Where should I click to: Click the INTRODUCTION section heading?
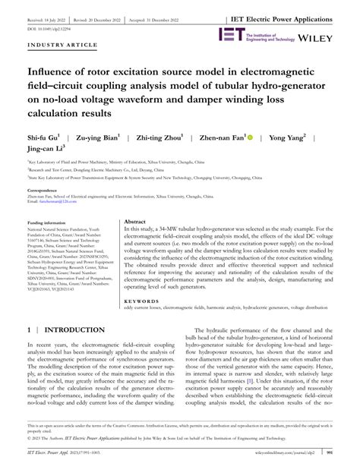coord(76,331)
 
